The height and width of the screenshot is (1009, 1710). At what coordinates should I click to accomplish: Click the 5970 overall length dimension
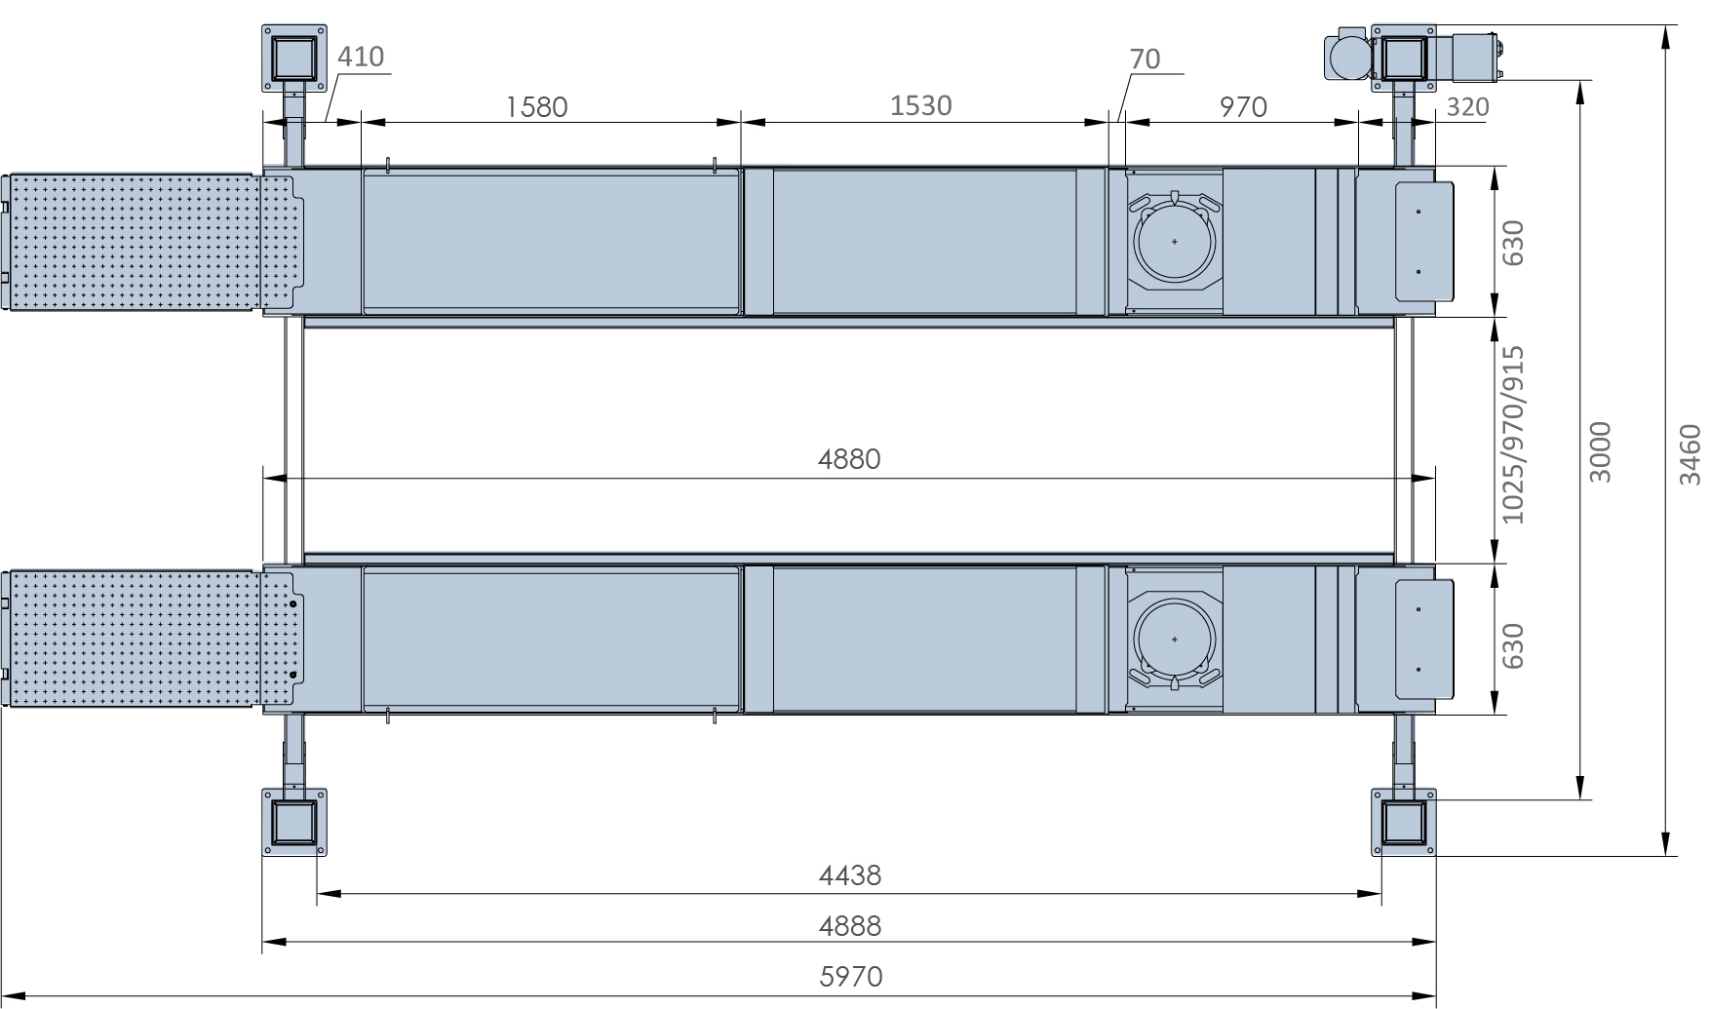click(x=850, y=976)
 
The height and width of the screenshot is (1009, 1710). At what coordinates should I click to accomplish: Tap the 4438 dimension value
click(x=850, y=875)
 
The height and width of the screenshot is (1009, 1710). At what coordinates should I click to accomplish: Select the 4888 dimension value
click(x=850, y=925)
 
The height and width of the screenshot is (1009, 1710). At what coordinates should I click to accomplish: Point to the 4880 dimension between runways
click(x=849, y=459)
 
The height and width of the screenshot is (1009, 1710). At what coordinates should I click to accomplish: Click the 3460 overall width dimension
click(x=1690, y=453)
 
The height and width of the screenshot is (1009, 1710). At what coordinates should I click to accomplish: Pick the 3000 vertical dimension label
click(x=1600, y=451)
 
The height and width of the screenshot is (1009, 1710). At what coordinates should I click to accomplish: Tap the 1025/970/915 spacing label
click(x=1512, y=435)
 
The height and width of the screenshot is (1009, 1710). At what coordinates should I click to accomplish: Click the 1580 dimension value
click(x=536, y=106)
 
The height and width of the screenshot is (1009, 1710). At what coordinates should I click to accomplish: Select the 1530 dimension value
click(x=920, y=105)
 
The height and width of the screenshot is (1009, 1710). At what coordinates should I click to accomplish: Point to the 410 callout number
click(x=361, y=58)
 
